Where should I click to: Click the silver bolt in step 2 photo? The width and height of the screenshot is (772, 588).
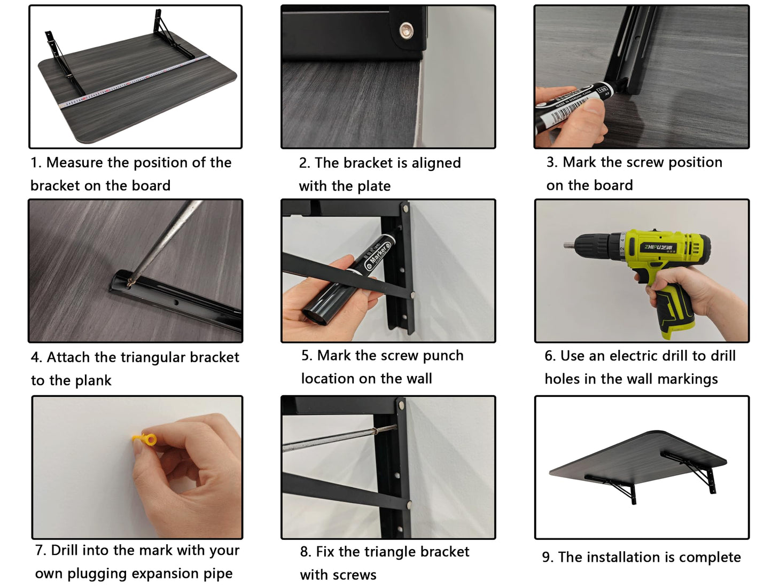pyautogui.click(x=406, y=31)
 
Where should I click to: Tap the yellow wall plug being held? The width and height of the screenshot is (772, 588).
pyautogui.click(x=145, y=439)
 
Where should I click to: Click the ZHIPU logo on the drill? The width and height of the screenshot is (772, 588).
pyautogui.click(x=658, y=247)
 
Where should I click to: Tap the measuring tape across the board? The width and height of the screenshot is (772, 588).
pyautogui.click(x=134, y=81)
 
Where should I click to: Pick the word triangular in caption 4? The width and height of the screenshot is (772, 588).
pyautogui.click(x=153, y=358)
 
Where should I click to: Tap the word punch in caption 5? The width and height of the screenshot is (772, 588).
pyautogui.click(x=443, y=356)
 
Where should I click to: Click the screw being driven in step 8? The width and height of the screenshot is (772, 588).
pyautogui.click(x=385, y=429)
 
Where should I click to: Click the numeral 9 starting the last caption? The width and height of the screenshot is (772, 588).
pyautogui.click(x=546, y=558)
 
